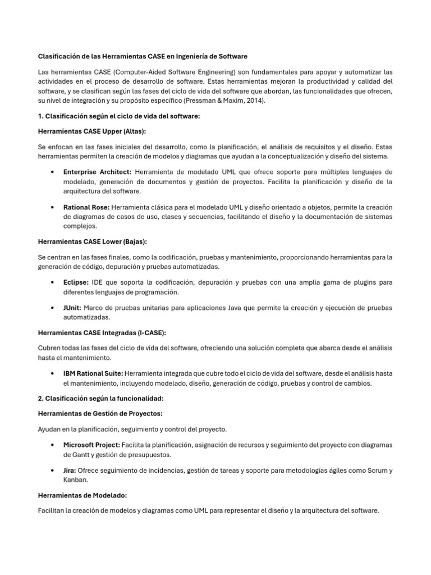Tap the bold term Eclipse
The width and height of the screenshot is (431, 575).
click(76, 282)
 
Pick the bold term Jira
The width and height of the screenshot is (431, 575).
click(70, 470)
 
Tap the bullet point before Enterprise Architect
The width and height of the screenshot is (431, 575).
click(52, 172)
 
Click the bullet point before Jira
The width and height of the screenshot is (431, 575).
click(52, 471)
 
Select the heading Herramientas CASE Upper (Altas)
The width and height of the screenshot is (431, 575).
click(91, 131)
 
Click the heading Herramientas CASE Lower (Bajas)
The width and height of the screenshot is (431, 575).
click(92, 241)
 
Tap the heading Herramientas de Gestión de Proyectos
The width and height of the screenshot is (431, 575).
click(100, 413)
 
